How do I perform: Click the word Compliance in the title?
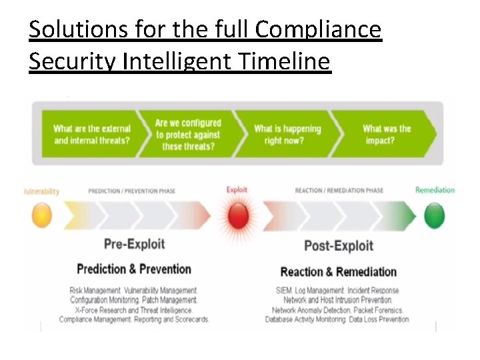(x=318, y=30)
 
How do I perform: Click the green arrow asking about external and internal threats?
(x=92, y=135)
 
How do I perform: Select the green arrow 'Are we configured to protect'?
(x=188, y=135)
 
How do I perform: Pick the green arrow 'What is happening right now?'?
(x=287, y=135)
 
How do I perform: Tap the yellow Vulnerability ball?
(x=41, y=215)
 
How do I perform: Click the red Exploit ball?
(x=237, y=216)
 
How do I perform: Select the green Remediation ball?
(x=435, y=215)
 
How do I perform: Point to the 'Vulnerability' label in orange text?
(x=41, y=191)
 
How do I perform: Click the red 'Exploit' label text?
(x=237, y=190)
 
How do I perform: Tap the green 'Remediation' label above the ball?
(x=435, y=190)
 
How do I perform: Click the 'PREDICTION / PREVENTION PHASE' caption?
(x=132, y=191)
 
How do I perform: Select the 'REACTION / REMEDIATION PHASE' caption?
(x=339, y=191)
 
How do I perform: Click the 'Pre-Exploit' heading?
(x=134, y=243)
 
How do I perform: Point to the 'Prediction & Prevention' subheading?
(x=134, y=269)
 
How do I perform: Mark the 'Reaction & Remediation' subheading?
(x=339, y=271)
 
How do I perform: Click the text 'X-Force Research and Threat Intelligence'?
(x=134, y=310)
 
